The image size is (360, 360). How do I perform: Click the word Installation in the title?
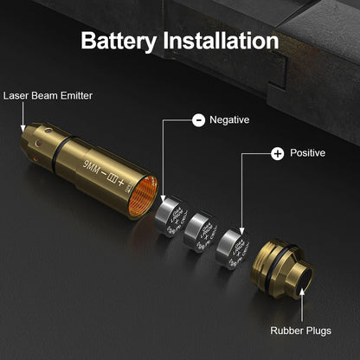pos(221,41)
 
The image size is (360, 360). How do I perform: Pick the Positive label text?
pos(309,153)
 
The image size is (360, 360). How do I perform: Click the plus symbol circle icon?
pos(277,153)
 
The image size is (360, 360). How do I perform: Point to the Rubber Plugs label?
pos(301,330)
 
